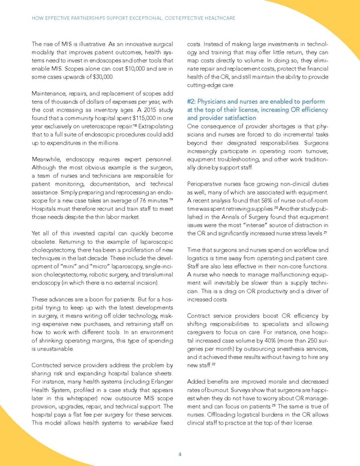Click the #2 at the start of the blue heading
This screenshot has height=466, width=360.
(191, 101)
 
